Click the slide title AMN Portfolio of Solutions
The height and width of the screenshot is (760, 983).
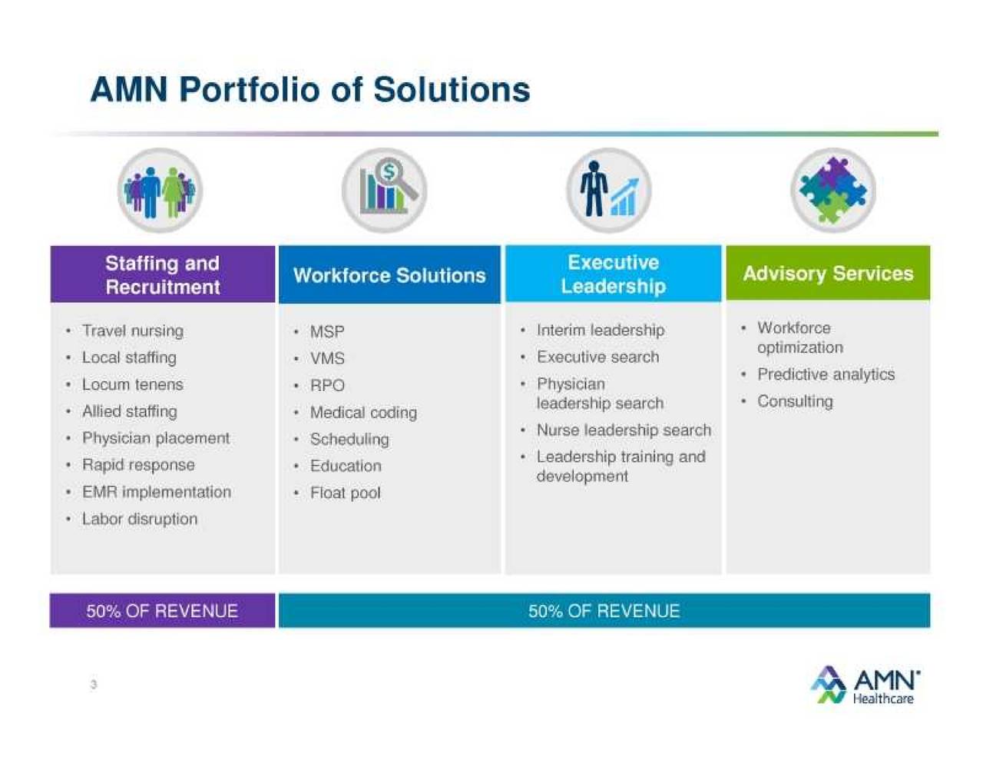pyautogui.click(x=310, y=89)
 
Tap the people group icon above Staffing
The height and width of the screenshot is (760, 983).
pyautogui.click(x=160, y=191)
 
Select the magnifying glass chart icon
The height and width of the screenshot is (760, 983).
pyautogui.click(x=385, y=191)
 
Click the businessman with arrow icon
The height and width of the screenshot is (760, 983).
pyautogui.click(x=609, y=191)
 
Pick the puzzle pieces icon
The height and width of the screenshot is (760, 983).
pyautogui.click(x=832, y=191)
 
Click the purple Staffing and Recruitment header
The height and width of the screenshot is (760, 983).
pyautogui.click(x=162, y=274)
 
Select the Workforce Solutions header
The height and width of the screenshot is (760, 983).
pyautogui.click(x=389, y=275)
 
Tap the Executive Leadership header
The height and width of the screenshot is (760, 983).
pyautogui.click(x=613, y=274)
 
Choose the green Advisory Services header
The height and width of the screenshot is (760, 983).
pyautogui.click(x=828, y=274)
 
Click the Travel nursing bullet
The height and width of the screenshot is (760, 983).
pyautogui.click(x=133, y=331)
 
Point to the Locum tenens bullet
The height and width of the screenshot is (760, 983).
pyautogui.click(x=133, y=384)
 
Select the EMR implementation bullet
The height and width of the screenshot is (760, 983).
pyautogui.click(x=157, y=492)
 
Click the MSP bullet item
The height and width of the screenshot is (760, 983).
pyautogui.click(x=327, y=332)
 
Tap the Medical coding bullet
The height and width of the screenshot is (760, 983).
pyautogui.click(x=363, y=413)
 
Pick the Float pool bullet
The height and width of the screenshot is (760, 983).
pyautogui.click(x=346, y=493)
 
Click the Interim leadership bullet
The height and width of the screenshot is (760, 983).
pyautogui.click(x=601, y=330)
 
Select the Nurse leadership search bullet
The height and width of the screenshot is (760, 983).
pyautogui.click(x=624, y=430)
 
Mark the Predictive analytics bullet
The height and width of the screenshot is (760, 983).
pyautogui.click(x=826, y=374)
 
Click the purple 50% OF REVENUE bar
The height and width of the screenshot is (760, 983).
pyautogui.click(x=162, y=611)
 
